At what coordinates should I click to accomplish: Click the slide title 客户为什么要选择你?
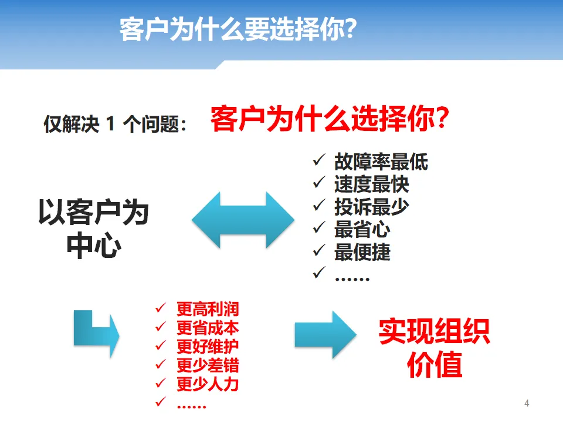click(x=238, y=29)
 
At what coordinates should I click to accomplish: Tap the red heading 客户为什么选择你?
click(x=330, y=119)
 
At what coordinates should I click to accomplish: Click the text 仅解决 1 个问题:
click(x=115, y=125)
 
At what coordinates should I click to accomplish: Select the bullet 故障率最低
click(x=381, y=162)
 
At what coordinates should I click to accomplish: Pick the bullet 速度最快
click(x=371, y=184)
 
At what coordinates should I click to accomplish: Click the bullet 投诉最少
click(x=371, y=207)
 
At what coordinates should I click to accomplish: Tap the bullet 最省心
click(x=362, y=229)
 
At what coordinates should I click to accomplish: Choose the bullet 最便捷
click(x=362, y=252)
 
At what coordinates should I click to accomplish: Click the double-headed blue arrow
click(x=243, y=219)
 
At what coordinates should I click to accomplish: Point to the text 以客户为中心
click(x=94, y=229)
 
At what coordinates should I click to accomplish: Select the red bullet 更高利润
click(x=208, y=309)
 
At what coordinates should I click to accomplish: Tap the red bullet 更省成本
click(x=208, y=328)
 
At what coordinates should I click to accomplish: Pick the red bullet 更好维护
click(x=208, y=347)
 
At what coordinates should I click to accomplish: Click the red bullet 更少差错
click(x=208, y=365)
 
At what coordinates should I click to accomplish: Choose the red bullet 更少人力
click(x=208, y=384)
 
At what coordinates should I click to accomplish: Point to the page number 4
click(x=526, y=403)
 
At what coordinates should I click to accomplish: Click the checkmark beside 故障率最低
click(x=318, y=160)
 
